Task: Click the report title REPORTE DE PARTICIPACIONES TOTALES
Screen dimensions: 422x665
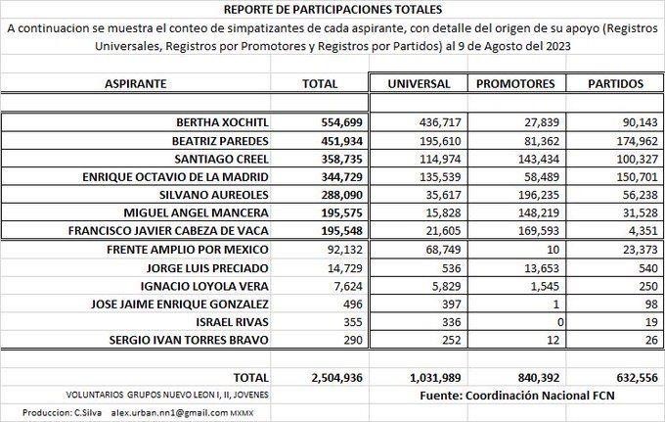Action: coord(332,10)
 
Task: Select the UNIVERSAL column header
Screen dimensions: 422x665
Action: coord(419,84)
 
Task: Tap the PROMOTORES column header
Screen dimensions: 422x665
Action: coord(514,84)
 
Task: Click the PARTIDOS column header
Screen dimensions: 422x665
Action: coord(613,84)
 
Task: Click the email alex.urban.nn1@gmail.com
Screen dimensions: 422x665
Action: coord(169,412)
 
